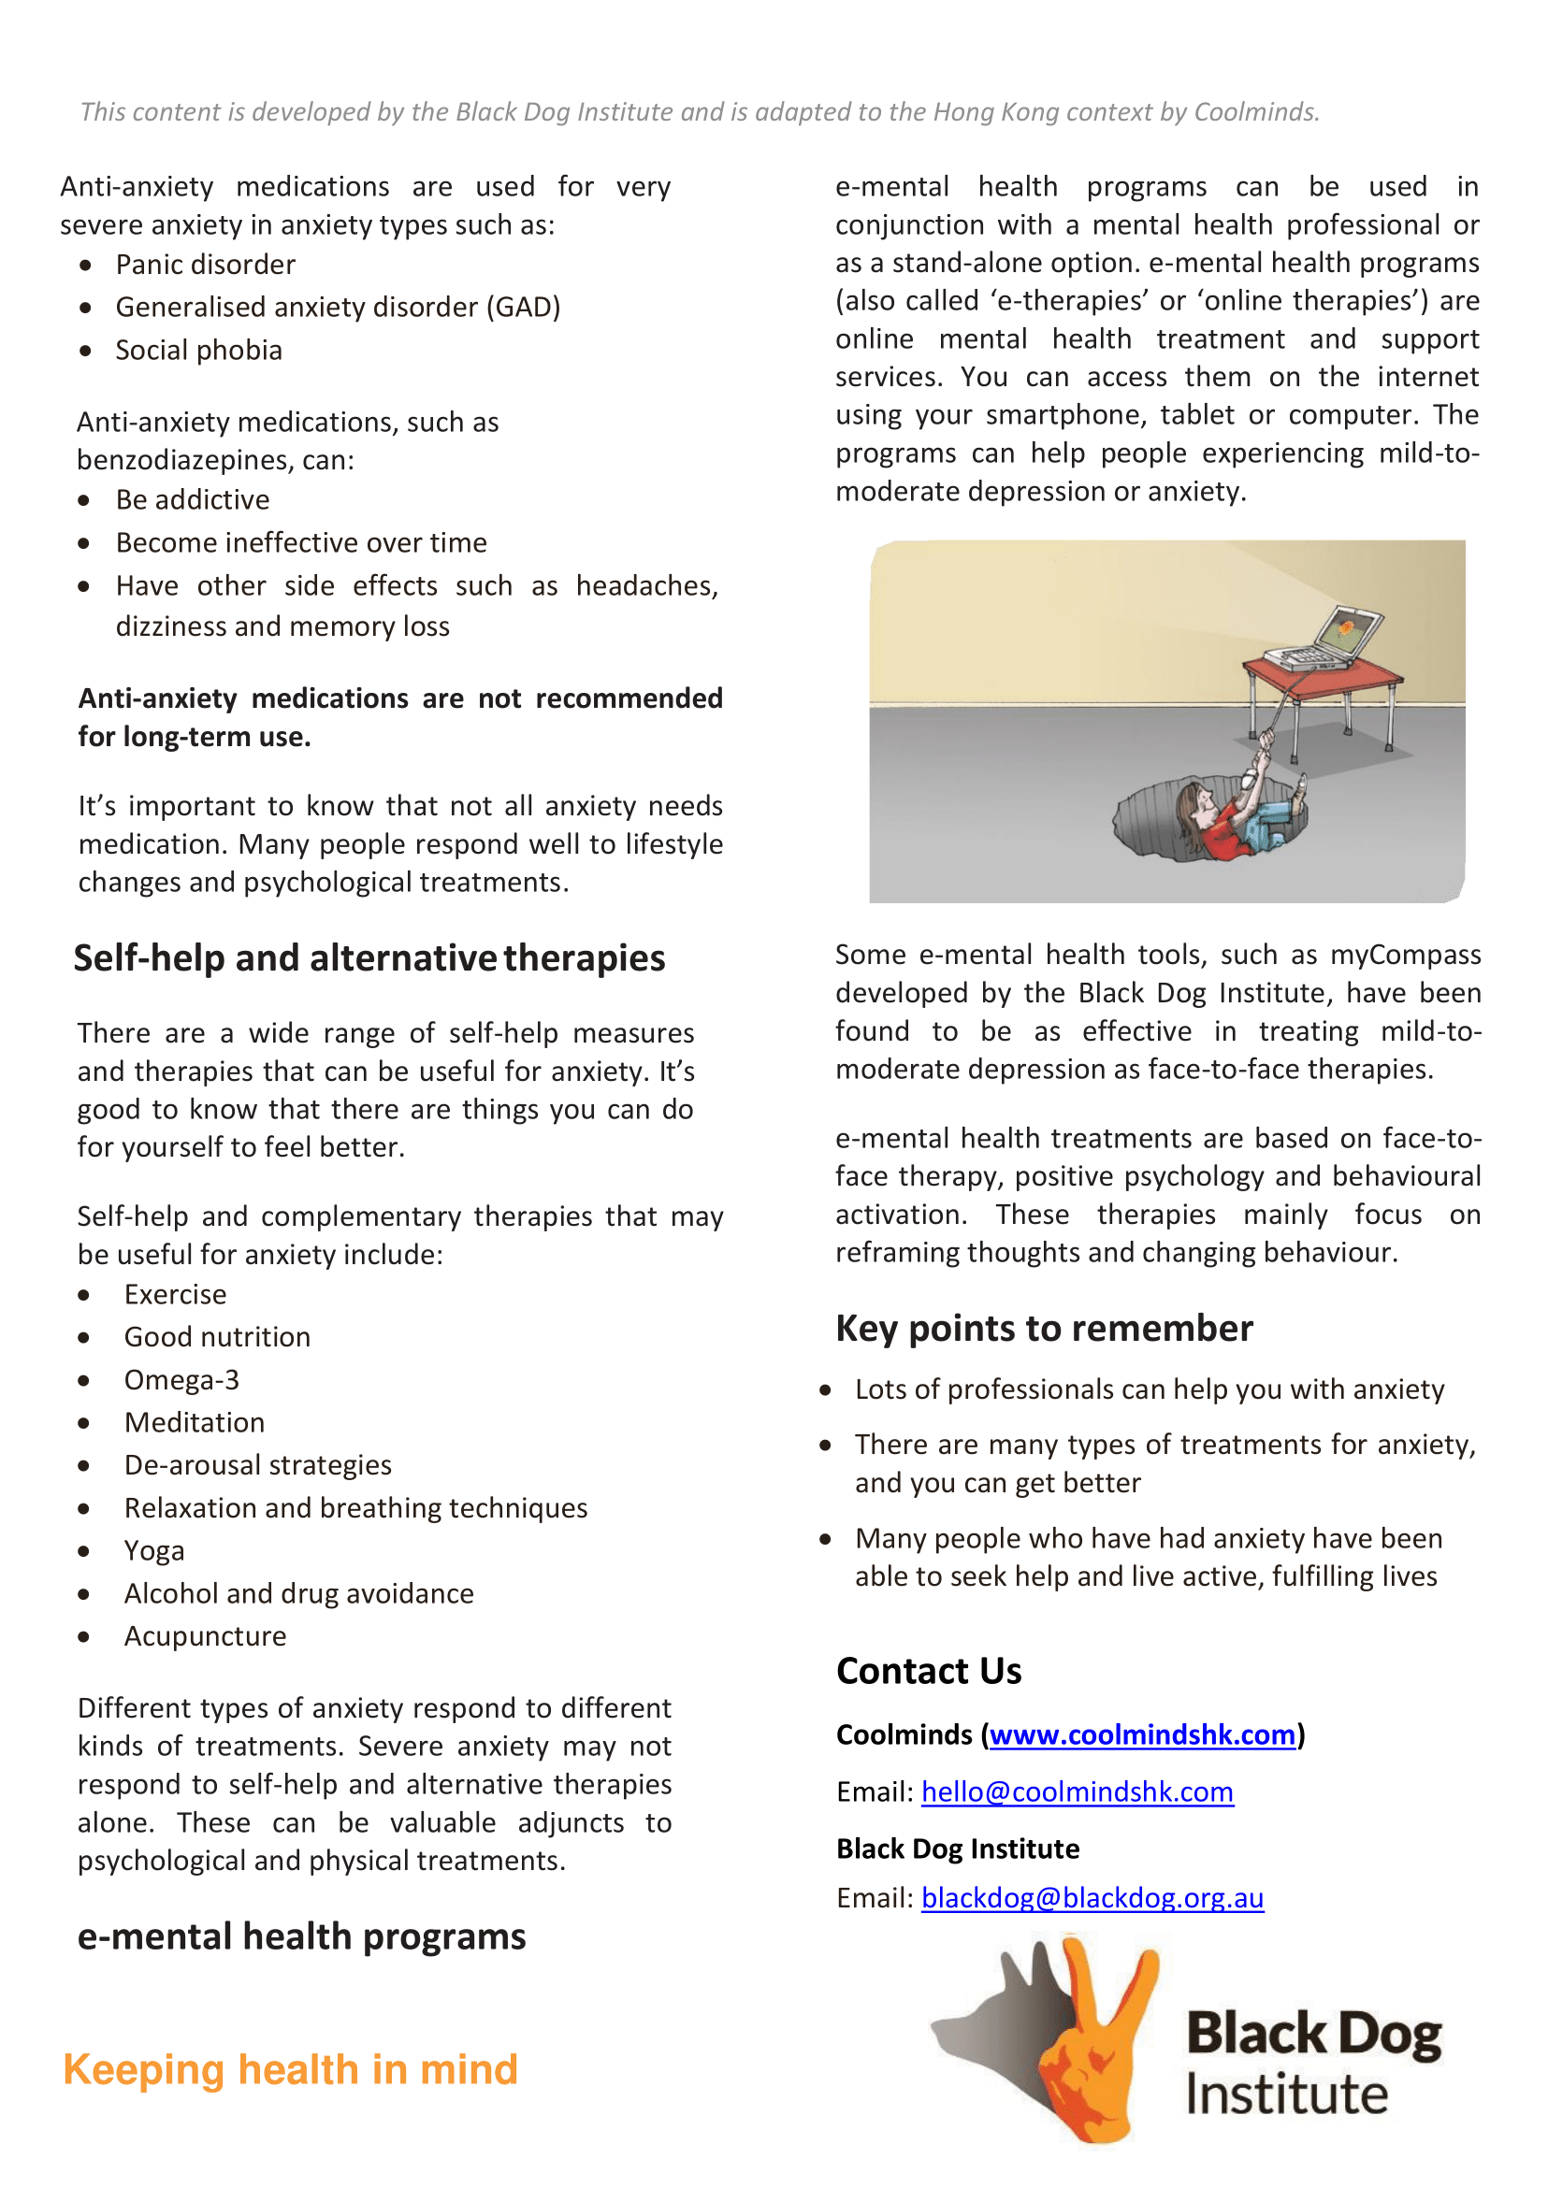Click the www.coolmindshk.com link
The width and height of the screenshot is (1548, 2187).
tap(1142, 1734)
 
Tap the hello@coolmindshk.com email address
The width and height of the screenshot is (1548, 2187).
tap(1078, 1791)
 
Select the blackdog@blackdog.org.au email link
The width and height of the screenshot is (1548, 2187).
tap(1092, 1897)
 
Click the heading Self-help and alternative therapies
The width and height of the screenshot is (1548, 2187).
tap(369, 957)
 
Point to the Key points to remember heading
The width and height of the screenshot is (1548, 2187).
tap(1044, 1329)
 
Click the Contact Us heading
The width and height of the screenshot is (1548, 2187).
tap(929, 1672)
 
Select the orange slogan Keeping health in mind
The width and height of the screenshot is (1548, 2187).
tap(291, 2070)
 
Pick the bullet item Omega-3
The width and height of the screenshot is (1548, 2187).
tap(181, 1380)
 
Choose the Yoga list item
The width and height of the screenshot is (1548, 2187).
tap(154, 1550)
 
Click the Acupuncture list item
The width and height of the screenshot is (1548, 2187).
tap(205, 1636)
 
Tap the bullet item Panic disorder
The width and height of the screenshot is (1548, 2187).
tap(205, 265)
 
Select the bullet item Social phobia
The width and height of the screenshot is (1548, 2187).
tap(198, 351)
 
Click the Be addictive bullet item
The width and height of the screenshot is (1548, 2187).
tap(193, 500)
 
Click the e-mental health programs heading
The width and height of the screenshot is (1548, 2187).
tap(301, 1937)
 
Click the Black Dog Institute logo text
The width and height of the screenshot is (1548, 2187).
tap(1313, 2064)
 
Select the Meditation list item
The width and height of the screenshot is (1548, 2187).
tap(195, 1423)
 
